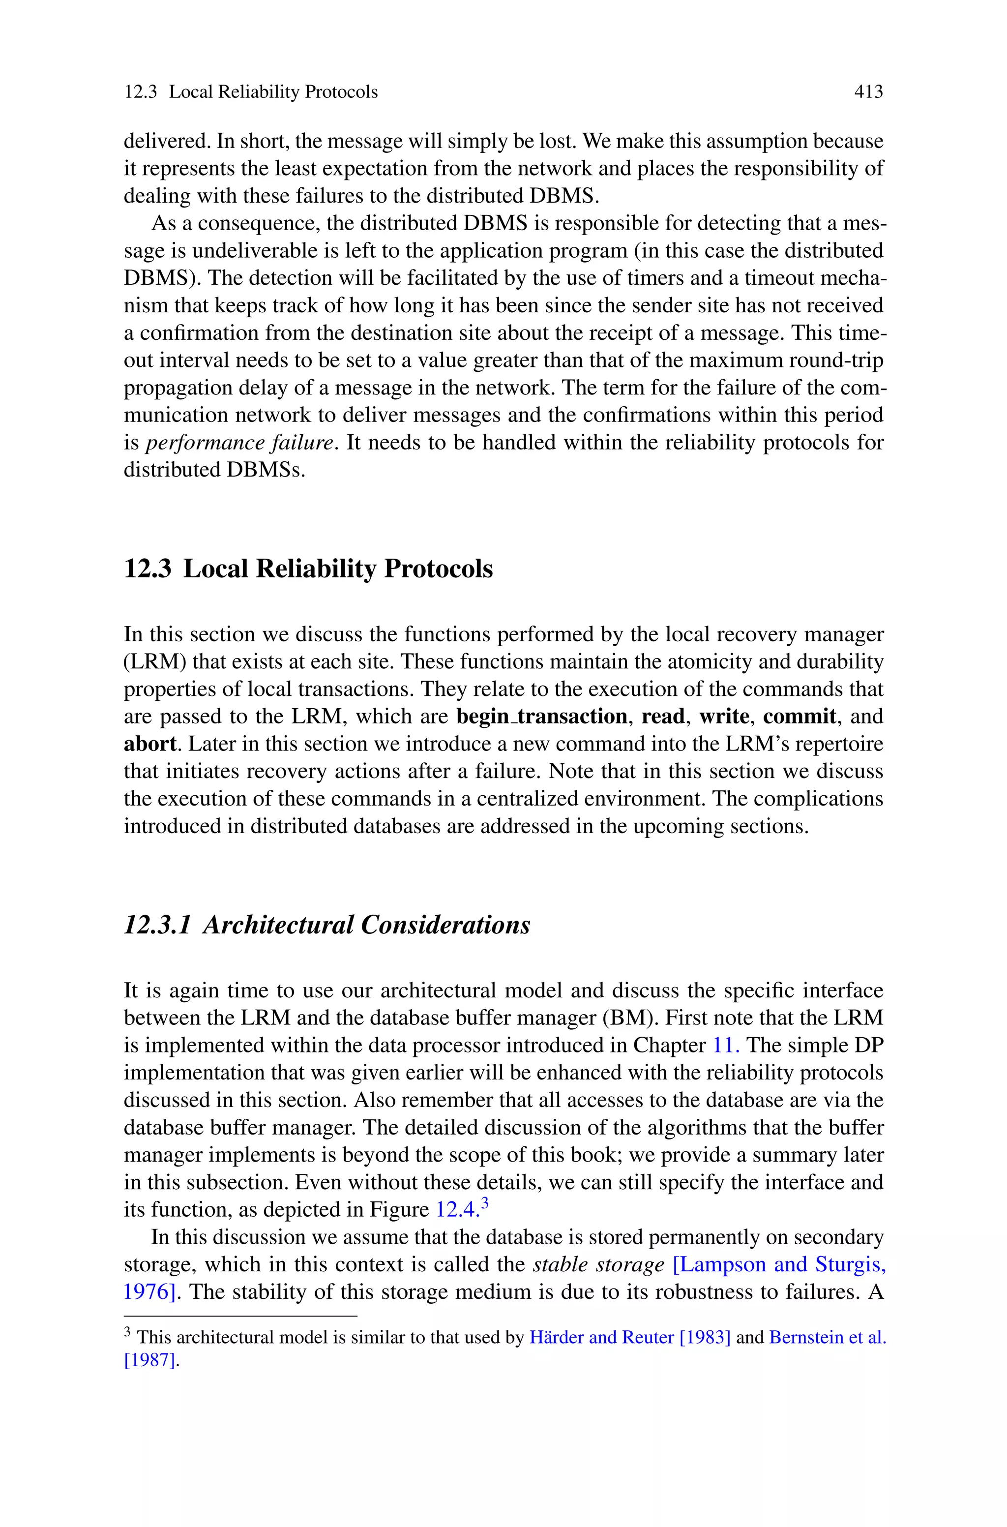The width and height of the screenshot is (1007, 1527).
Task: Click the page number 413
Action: coord(868,92)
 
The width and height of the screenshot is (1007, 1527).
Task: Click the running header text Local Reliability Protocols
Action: coord(273,92)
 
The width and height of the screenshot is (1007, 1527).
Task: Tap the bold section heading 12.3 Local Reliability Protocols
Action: coord(308,569)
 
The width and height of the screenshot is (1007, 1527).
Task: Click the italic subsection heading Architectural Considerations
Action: coord(366,925)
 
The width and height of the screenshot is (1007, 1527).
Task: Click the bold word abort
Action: coord(149,744)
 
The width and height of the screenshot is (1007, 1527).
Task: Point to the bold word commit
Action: coord(800,716)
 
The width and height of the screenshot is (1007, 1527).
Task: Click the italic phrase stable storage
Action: coord(598,1264)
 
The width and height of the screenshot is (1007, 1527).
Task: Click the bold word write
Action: coord(724,716)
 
